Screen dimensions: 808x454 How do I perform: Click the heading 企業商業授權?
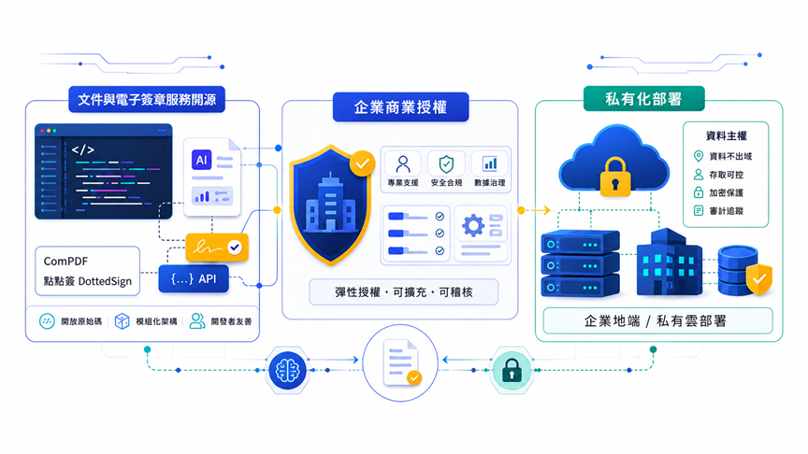coord(400,107)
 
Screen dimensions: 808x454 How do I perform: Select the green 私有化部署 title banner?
coord(643,98)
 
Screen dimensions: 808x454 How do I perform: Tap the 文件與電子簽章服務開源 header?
coord(147,99)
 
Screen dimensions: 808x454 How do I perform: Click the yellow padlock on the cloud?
coord(614,177)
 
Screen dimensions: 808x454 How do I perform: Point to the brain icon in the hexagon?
coord(287,370)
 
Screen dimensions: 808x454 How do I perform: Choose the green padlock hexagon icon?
coord(512,370)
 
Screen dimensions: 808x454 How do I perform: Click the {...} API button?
coord(194,279)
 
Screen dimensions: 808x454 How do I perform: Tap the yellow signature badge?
coord(217,248)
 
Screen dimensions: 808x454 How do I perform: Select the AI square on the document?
coord(201,160)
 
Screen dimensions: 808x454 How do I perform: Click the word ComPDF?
coord(65,261)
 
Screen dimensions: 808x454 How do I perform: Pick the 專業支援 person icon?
coord(403,164)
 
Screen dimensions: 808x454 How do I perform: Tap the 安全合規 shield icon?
coord(446,164)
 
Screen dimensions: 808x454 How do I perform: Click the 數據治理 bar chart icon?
coord(489,164)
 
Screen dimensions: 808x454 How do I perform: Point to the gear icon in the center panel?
coord(473,225)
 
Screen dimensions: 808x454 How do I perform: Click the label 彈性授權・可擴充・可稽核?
coord(403,292)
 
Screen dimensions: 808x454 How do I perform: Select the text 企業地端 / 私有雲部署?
coord(656,321)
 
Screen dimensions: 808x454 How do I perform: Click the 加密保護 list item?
coord(719,192)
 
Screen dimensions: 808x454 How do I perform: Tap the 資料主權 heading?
coord(726,135)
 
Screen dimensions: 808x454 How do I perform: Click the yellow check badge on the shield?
coord(362,163)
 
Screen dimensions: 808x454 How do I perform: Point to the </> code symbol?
coord(82,149)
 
